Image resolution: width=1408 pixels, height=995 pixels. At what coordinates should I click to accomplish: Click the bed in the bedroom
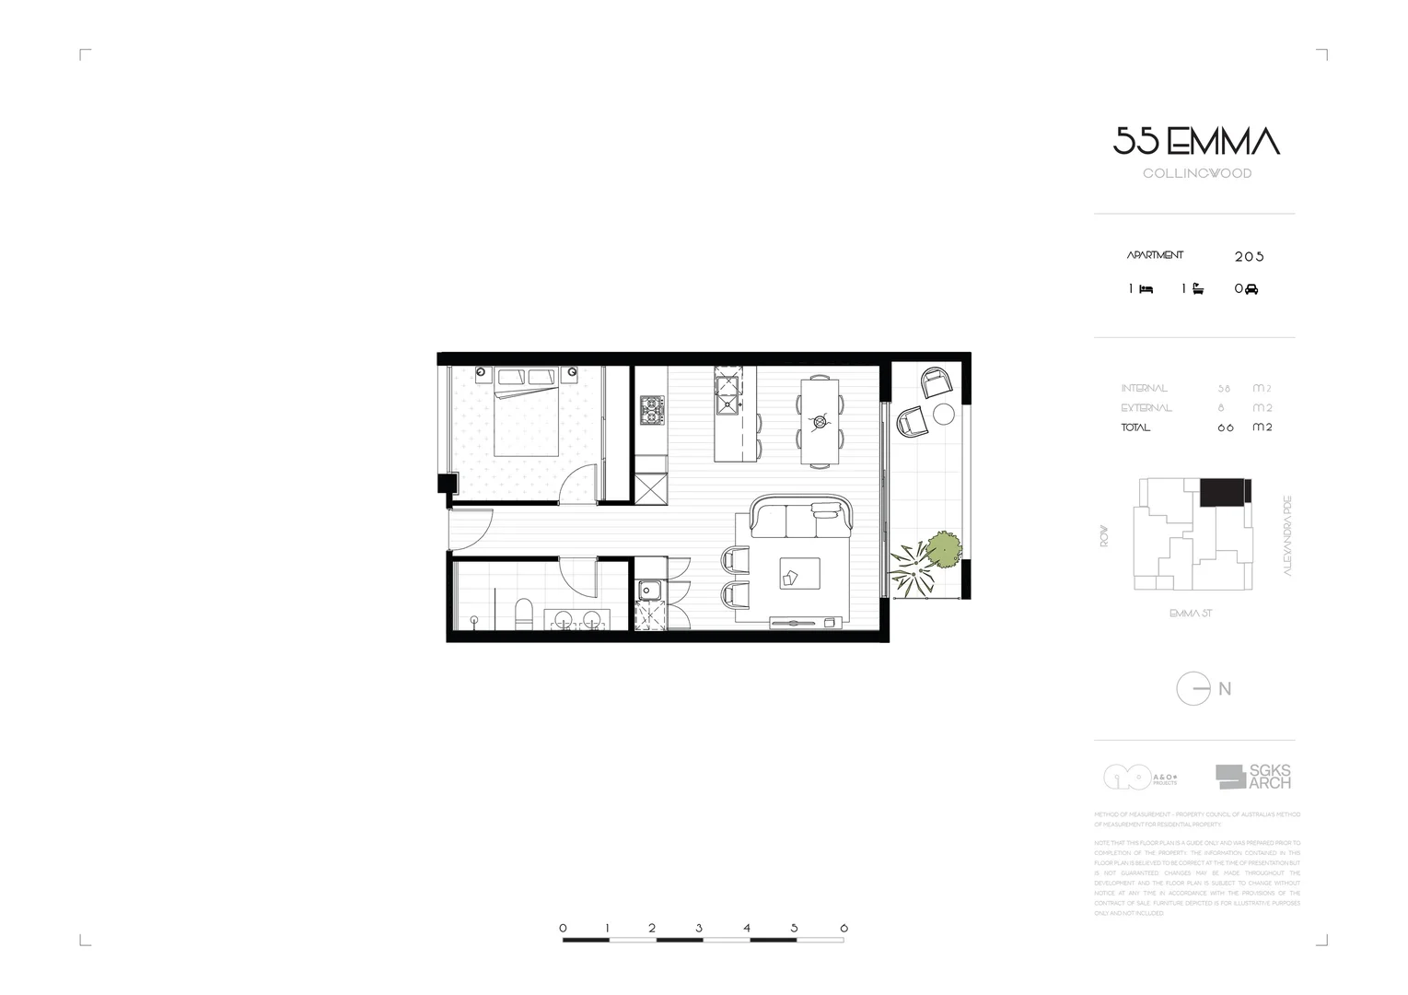click(527, 412)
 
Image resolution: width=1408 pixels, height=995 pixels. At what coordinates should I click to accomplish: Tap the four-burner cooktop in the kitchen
click(652, 410)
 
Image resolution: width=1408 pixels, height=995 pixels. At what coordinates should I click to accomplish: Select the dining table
click(820, 420)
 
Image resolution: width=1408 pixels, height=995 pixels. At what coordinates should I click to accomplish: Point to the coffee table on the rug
click(799, 572)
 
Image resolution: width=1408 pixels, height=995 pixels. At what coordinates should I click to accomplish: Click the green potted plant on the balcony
click(943, 550)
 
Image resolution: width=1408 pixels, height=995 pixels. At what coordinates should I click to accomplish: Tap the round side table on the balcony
click(944, 414)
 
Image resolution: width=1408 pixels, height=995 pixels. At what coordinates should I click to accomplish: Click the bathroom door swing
click(580, 576)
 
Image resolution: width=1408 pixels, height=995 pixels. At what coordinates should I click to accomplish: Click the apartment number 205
click(1249, 257)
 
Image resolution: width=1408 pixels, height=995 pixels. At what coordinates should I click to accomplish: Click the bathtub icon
click(1197, 289)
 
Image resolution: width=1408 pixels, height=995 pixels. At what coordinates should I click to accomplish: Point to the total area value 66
click(1225, 428)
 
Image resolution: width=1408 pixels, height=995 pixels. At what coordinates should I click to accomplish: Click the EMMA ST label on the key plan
click(1190, 614)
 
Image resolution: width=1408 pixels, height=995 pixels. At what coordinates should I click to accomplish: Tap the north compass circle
click(1193, 689)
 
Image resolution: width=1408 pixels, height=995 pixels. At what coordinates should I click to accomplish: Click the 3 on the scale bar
click(699, 929)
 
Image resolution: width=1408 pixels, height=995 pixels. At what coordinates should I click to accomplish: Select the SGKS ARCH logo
click(1253, 777)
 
